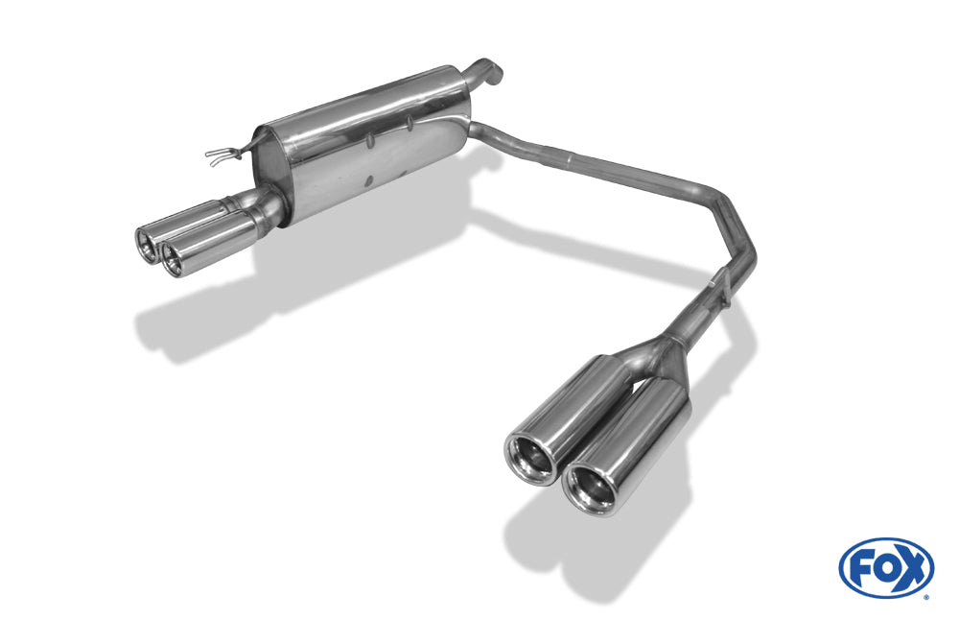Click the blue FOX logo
[x=886, y=567]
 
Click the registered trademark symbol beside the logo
[x=926, y=596]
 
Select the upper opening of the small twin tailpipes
[x=147, y=245]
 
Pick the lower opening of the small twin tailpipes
[x=174, y=258]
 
